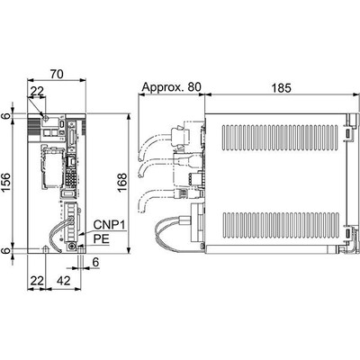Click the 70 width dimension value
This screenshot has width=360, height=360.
click(x=57, y=74)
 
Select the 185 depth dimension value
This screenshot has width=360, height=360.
click(x=281, y=88)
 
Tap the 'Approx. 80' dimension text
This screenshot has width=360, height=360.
click(x=172, y=87)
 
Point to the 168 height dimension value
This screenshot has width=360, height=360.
click(x=122, y=183)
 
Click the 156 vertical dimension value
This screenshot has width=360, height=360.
click(x=7, y=183)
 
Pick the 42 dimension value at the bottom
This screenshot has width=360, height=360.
click(x=63, y=281)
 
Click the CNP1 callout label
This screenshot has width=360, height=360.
click(x=108, y=224)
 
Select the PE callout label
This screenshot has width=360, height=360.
click(x=101, y=239)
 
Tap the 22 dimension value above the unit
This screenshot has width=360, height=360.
click(x=37, y=92)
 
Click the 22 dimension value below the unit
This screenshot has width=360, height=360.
click(x=37, y=281)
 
